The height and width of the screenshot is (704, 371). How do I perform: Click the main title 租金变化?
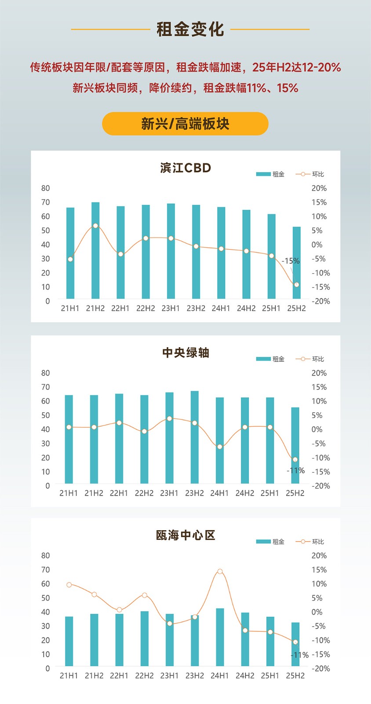190,29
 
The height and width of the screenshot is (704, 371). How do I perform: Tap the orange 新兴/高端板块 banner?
185,124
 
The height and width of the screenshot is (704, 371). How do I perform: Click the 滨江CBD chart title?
185,168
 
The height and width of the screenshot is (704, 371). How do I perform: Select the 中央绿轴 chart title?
185,353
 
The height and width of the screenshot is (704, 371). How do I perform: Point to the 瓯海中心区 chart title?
185,535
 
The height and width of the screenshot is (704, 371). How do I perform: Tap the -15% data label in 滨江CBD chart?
291,261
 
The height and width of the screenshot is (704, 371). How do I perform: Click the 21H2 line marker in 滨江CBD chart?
95,226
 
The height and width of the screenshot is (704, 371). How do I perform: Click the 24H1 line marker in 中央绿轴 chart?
220,447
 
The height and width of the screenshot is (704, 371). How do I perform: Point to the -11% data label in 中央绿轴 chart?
296,471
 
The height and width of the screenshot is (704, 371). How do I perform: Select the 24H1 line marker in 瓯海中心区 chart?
220,572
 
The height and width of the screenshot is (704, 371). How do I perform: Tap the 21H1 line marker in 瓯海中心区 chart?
69,585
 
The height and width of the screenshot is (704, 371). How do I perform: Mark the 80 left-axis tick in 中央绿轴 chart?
46,373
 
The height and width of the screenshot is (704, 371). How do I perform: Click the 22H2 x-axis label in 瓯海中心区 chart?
144,676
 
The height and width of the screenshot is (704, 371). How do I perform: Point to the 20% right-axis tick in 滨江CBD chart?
319,188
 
